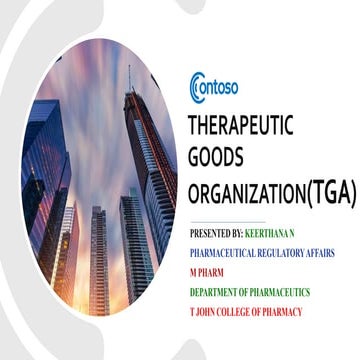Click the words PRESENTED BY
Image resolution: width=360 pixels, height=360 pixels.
(x=216, y=232)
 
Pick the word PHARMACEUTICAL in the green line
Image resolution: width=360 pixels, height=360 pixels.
(x=226, y=252)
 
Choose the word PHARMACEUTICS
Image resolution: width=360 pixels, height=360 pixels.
(x=281, y=292)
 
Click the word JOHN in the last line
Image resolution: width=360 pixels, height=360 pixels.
(x=207, y=312)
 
